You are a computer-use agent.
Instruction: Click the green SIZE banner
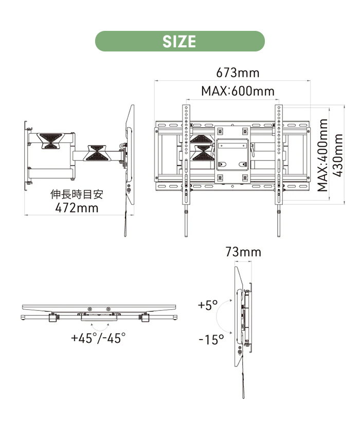tap(180, 41)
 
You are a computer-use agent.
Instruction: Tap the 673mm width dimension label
tap(238, 73)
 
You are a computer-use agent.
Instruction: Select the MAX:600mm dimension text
tap(238, 91)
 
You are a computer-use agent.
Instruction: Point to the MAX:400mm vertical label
tap(322, 155)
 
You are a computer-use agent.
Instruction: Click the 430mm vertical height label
tap(338, 155)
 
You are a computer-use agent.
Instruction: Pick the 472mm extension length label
tap(77, 208)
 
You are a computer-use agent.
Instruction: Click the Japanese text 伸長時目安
tap(77, 195)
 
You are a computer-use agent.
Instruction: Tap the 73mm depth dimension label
tap(243, 252)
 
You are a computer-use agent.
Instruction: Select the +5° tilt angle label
tap(208, 305)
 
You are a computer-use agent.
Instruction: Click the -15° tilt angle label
tap(211, 340)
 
